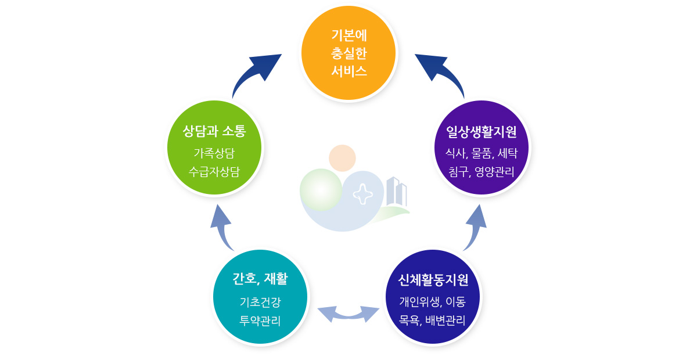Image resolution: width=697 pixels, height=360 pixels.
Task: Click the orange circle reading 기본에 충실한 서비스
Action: coord(348,53)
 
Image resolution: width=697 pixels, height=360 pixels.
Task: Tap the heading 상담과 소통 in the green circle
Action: coord(214,131)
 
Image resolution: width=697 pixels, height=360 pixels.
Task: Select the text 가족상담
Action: coord(214,153)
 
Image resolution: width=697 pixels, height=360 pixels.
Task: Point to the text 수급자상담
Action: coord(214,171)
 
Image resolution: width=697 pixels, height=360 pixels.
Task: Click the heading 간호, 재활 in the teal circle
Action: coord(260,279)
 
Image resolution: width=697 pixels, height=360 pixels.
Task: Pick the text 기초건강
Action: coord(260,302)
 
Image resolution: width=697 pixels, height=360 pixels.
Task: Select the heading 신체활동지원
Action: coord(433,280)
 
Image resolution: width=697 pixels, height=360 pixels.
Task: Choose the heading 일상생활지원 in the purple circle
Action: coord(482,132)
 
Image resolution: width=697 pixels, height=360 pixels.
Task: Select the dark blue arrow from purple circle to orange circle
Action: coord(441,72)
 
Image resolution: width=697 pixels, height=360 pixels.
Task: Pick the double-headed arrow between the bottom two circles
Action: coord(348,314)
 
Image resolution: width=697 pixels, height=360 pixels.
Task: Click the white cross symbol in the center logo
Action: coord(363,193)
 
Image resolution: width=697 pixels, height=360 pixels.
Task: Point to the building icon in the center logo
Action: coord(396,192)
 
